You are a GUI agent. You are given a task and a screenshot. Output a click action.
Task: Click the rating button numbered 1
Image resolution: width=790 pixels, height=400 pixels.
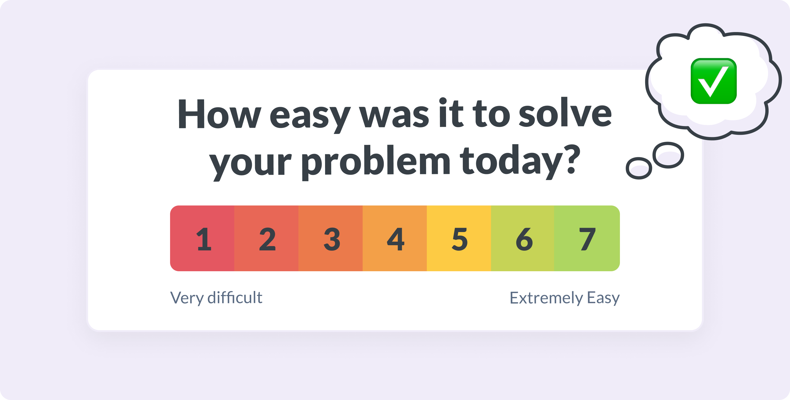(202, 238)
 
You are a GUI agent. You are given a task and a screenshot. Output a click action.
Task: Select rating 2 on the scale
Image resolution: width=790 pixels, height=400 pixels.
(266, 238)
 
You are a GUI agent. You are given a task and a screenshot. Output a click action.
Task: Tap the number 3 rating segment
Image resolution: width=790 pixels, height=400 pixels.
(331, 238)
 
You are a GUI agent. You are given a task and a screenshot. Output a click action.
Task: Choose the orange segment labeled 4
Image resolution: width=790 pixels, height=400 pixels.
(395, 238)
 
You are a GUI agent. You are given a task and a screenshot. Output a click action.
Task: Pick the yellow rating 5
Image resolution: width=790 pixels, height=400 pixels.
(459, 238)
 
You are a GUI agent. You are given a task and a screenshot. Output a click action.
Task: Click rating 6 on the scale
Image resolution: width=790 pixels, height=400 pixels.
(523, 238)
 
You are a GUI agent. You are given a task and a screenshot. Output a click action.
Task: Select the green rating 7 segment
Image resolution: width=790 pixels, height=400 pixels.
(587, 238)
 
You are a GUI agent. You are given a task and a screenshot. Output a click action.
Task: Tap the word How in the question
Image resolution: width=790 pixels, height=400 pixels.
(219, 114)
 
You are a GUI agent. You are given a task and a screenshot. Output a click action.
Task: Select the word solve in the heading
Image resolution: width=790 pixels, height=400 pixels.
(565, 112)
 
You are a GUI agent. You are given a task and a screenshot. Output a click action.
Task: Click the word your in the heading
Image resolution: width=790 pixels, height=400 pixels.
(250, 165)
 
